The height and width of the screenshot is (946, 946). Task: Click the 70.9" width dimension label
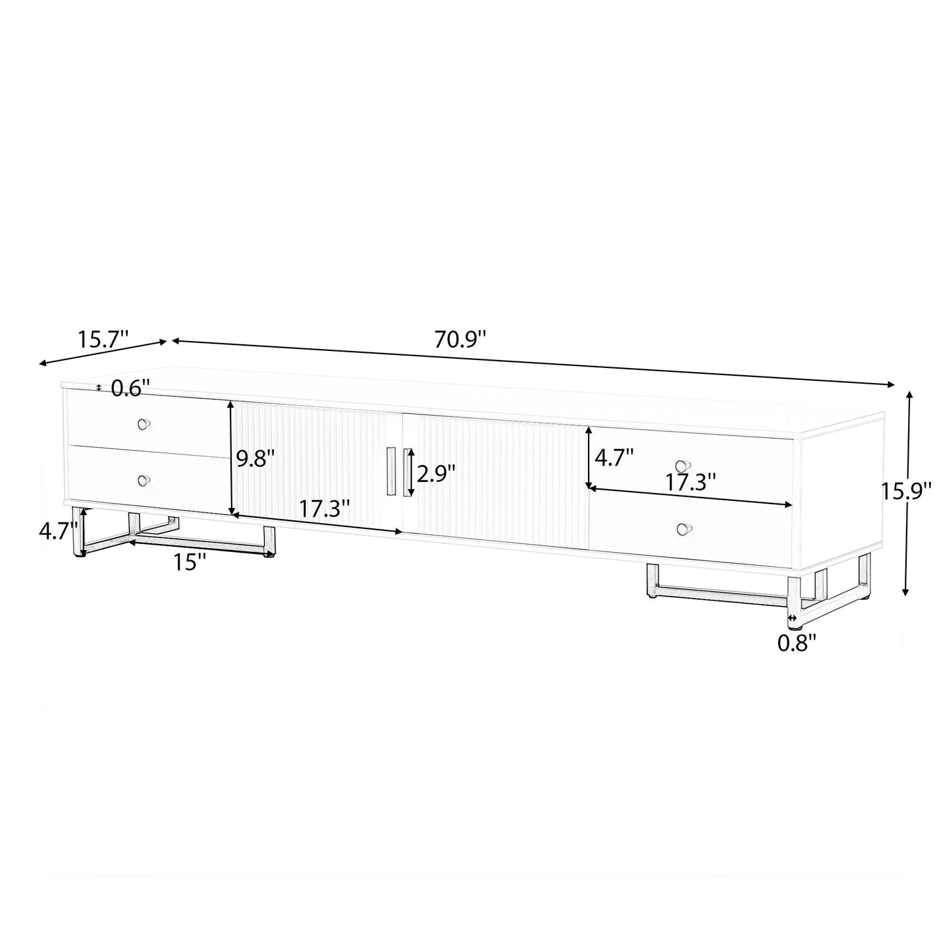460,340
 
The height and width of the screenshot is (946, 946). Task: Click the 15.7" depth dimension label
103,339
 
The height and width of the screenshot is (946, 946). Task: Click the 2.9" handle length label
436,473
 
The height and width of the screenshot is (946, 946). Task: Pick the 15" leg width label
190,561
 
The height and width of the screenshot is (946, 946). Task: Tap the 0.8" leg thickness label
797,644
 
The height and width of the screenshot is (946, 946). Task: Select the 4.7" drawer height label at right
613,456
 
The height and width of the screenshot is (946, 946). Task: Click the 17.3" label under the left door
325,508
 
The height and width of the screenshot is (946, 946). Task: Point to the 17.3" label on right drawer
691,482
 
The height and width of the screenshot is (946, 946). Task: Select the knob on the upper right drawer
683,466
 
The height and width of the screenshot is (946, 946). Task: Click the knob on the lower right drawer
683,528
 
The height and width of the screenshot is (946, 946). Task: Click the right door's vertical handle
407,472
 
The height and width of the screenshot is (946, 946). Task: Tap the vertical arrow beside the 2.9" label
412,473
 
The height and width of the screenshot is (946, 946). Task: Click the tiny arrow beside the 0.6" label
99,388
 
